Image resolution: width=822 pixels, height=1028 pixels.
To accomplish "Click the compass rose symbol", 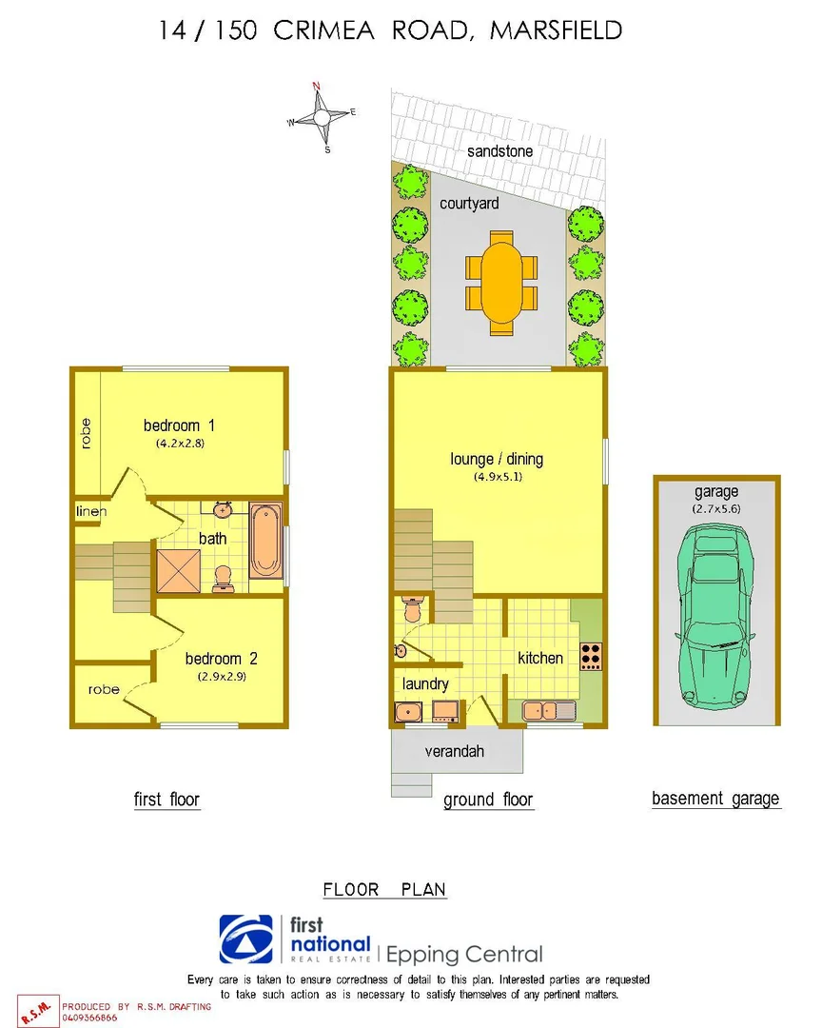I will (x=322, y=117).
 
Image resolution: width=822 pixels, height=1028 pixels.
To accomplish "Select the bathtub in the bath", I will (x=266, y=541).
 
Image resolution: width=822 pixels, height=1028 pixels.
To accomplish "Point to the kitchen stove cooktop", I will (x=591, y=656).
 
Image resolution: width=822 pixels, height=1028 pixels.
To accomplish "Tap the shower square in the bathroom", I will (x=179, y=571).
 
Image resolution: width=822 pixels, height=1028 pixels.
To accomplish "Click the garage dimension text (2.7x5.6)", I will (x=715, y=509).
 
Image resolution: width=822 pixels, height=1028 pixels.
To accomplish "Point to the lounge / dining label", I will (x=497, y=459).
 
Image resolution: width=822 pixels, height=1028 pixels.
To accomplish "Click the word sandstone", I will (x=499, y=151).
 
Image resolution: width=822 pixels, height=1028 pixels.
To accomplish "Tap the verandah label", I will (x=456, y=751).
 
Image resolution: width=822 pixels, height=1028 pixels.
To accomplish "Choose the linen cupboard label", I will (x=92, y=512).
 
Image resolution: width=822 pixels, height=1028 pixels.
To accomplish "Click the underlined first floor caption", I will (x=166, y=800).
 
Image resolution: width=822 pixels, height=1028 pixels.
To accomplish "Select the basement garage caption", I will (x=715, y=799).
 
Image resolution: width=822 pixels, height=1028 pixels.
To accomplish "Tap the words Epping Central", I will (x=464, y=954).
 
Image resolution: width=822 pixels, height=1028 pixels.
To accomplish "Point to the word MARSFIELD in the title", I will (x=556, y=30).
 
